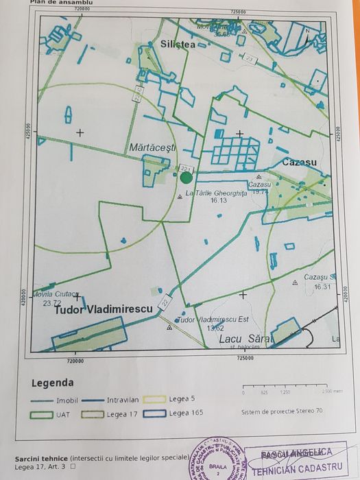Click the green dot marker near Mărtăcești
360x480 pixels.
coord(186,178)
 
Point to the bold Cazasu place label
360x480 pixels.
coord(299,163)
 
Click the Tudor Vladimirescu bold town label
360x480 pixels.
coord(102,310)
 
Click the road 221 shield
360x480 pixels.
coord(185,168)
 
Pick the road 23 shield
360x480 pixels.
coord(250,60)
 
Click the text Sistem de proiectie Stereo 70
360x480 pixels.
coord(281,412)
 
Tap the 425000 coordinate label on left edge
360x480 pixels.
coord(28,132)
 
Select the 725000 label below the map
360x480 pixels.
coord(245,358)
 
